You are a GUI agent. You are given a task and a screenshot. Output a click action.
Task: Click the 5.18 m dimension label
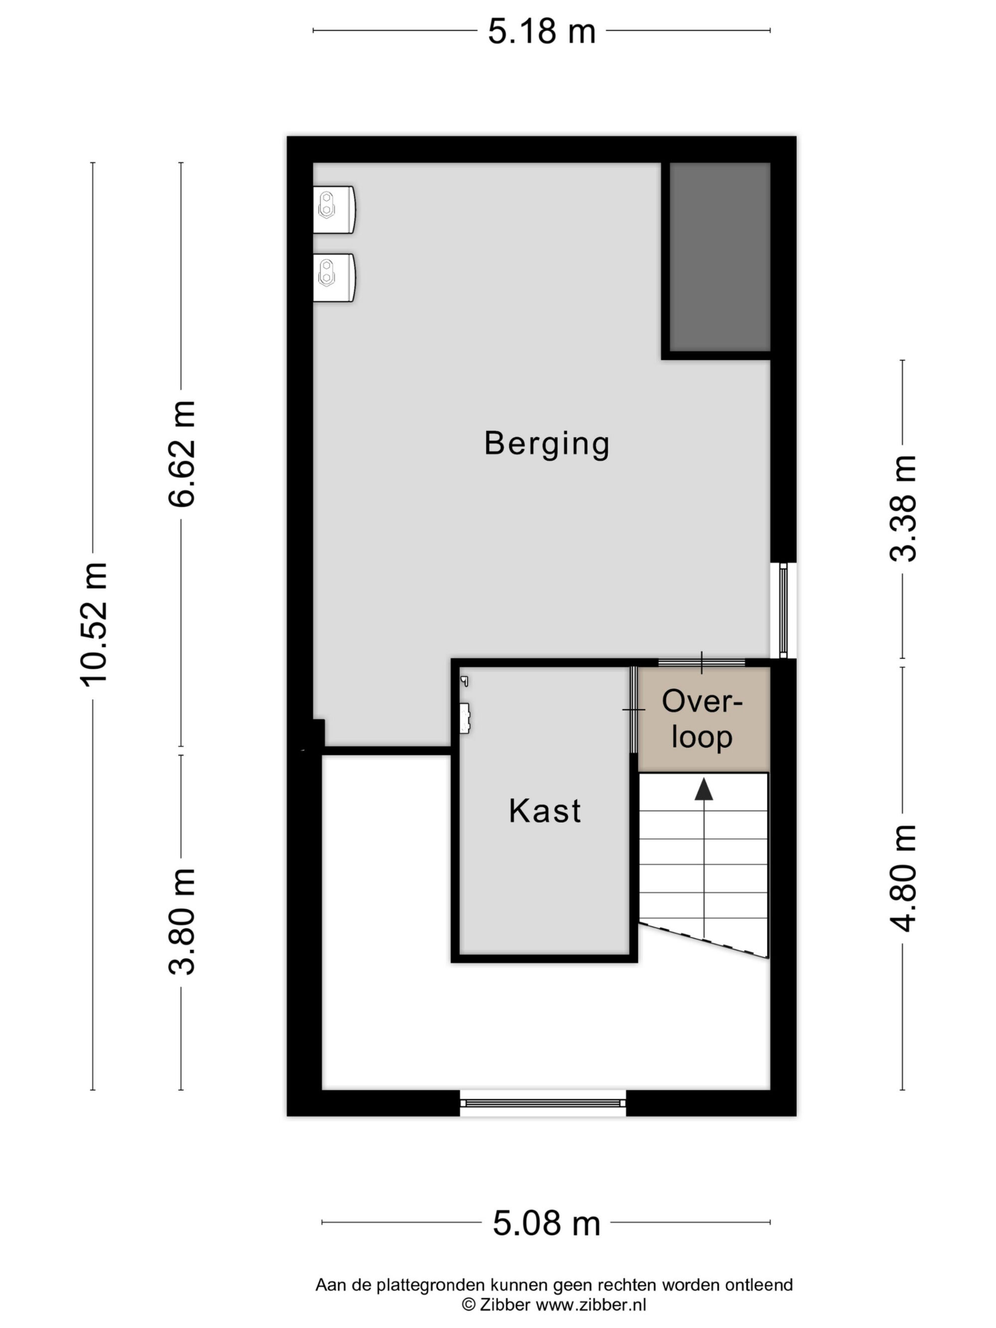click(541, 31)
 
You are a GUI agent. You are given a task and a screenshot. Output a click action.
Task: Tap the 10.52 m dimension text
click(94, 624)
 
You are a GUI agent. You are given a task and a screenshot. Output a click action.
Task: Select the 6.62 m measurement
click(182, 454)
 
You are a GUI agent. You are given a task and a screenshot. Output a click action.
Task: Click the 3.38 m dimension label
click(903, 508)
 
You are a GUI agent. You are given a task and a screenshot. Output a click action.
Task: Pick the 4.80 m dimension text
click(903, 878)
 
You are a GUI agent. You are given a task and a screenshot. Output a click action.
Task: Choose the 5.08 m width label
click(546, 1223)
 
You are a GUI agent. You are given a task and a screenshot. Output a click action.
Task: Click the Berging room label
click(547, 444)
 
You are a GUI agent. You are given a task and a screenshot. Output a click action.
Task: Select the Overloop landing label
click(702, 719)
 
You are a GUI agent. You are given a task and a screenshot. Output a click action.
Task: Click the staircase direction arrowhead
click(704, 789)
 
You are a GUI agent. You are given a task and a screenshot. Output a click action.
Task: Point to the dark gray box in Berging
click(720, 257)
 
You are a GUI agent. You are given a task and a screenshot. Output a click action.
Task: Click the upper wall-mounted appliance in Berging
click(334, 209)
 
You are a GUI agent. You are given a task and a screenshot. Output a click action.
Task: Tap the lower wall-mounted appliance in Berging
click(334, 277)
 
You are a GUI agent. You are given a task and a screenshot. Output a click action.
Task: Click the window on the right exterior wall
click(783, 610)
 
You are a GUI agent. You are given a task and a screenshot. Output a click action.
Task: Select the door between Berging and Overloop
click(701, 663)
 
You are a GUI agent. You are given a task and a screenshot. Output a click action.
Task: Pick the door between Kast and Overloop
click(633, 710)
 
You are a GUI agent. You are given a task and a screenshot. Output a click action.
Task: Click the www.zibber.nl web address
click(591, 1305)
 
